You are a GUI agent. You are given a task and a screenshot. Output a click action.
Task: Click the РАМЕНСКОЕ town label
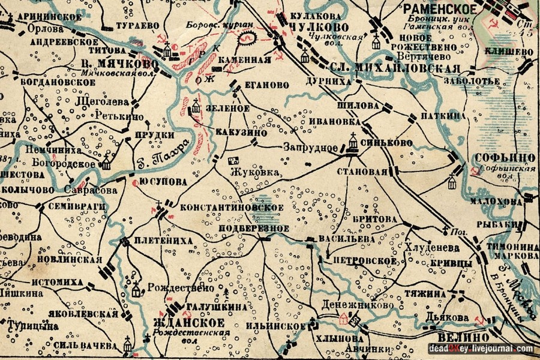click(x=440, y=9)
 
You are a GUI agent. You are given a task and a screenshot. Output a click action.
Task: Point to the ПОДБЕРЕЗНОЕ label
click(x=254, y=229)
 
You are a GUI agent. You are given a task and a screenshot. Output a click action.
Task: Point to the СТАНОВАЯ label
click(x=363, y=172)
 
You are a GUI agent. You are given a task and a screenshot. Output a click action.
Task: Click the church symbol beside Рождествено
click(x=136, y=290)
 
